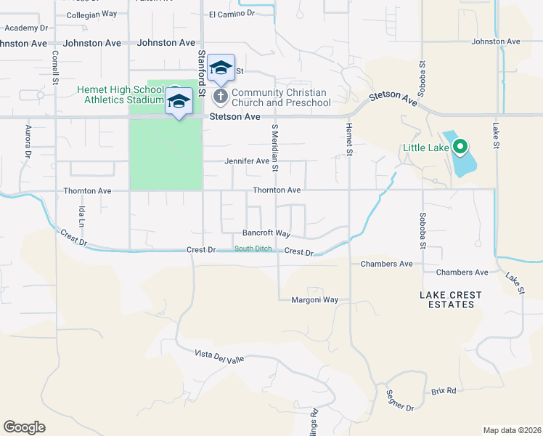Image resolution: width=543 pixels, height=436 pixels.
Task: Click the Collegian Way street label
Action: (x=91, y=14)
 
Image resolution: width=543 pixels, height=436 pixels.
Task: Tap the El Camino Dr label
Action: (x=232, y=13)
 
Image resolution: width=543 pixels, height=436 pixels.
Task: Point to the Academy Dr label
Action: (x=25, y=28)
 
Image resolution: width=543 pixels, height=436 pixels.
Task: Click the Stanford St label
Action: (x=203, y=65)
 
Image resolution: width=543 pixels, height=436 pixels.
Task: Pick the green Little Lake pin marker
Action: (x=460, y=148)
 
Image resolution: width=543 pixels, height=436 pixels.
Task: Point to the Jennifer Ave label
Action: (x=247, y=161)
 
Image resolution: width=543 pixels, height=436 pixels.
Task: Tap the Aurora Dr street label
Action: (x=28, y=142)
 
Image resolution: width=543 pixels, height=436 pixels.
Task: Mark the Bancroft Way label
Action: (x=266, y=234)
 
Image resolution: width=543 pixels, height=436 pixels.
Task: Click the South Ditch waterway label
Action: (x=253, y=249)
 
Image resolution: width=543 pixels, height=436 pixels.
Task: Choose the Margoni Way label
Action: (x=315, y=299)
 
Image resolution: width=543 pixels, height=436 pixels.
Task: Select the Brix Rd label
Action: (x=443, y=391)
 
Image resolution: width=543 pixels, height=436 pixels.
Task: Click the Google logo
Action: (x=24, y=427)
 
